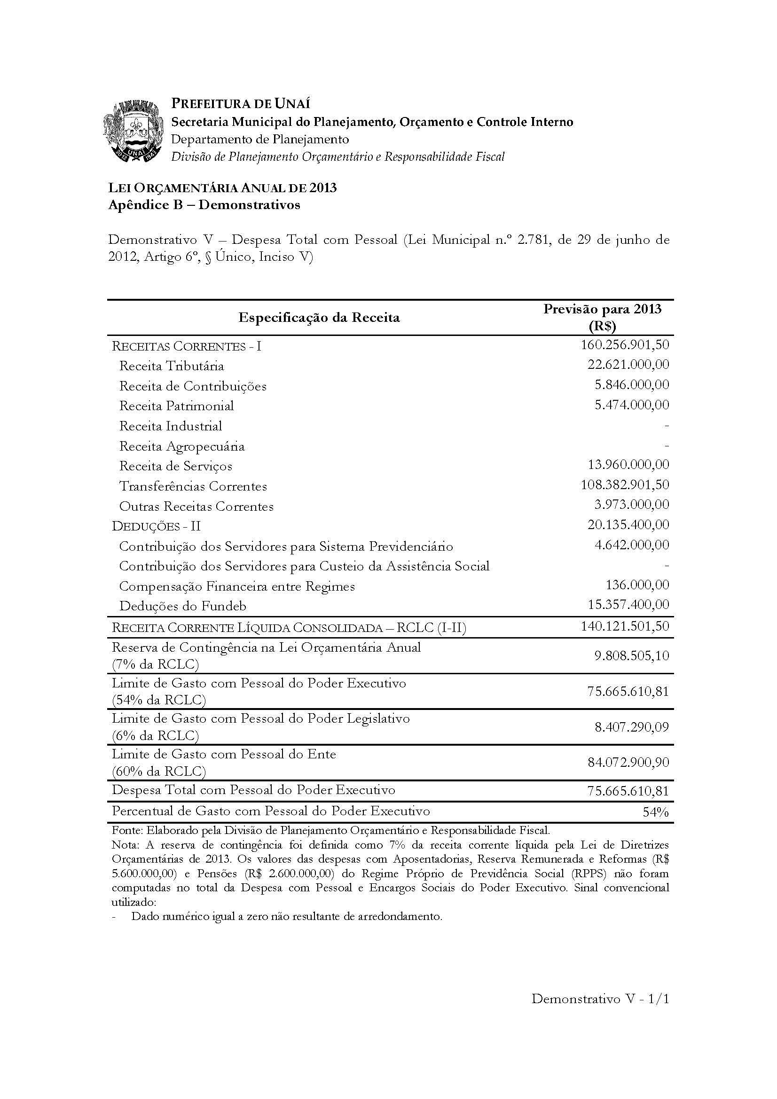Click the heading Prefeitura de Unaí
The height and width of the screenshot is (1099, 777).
click(x=241, y=103)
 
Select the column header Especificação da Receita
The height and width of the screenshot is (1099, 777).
click(x=319, y=317)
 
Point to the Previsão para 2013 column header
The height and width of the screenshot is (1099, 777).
click(x=602, y=317)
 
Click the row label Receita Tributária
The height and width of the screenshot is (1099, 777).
click(x=172, y=366)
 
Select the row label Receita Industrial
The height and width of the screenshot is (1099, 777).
click(x=171, y=426)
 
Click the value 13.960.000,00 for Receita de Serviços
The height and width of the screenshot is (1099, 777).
click(x=628, y=465)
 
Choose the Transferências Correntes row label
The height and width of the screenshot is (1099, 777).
click(x=193, y=486)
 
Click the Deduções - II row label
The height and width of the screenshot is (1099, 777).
click(x=156, y=526)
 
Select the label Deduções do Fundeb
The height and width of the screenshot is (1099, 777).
click(x=182, y=607)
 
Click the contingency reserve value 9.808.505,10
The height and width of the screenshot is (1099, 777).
click(x=631, y=655)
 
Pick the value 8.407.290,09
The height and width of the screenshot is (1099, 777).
click(x=631, y=727)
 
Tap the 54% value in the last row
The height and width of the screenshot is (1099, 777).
click(x=655, y=812)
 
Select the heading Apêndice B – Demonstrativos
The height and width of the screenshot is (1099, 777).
click(x=204, y=205)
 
